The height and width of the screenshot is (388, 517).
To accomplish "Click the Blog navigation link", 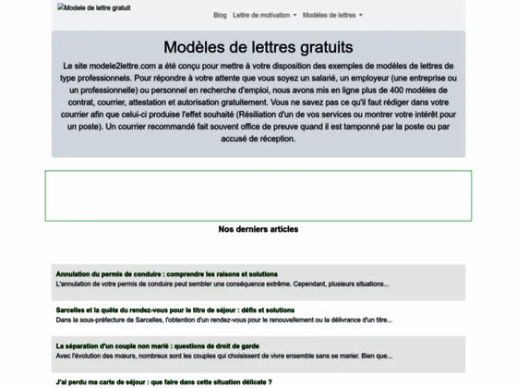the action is click(220, 16).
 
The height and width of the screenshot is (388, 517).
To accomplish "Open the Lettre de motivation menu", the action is click(262, 16).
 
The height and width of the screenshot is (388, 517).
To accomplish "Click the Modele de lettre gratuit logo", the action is click(94, 8).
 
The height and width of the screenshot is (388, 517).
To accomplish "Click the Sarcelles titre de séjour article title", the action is click(174, 309).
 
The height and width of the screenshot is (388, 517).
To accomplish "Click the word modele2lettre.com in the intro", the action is click(117, 67).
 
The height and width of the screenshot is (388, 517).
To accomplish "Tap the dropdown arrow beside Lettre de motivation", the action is click(295, 16).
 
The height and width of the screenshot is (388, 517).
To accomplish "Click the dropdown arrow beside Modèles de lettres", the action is click(361, 16).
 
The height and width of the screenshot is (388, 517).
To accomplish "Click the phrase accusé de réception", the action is click(258, 138).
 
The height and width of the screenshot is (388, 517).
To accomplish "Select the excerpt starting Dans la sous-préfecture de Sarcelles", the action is click(223, 319).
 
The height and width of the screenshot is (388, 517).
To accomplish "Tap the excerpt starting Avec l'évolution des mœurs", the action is click(223, 355).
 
